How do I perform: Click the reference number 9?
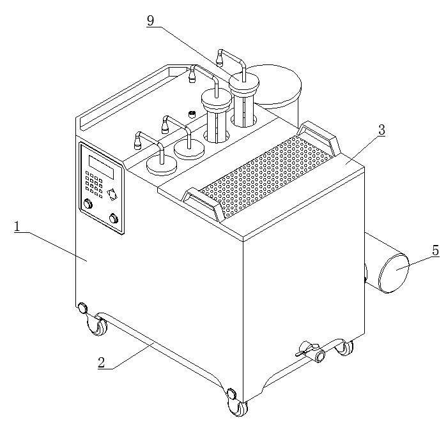150,20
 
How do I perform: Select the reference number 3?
381,130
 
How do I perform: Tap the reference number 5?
435,251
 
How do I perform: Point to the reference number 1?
18,226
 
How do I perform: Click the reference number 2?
101,363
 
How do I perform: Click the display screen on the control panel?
101,167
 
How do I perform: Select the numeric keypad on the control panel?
94,184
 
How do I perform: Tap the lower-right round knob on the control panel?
114,218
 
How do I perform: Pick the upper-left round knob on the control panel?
88,204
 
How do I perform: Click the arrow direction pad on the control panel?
112,195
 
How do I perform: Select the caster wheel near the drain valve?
344,348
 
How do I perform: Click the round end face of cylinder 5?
394,273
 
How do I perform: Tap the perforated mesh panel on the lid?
266,176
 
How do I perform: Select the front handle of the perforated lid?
203,204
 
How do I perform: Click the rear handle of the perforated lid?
319,137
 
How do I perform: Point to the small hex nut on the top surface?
192,114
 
